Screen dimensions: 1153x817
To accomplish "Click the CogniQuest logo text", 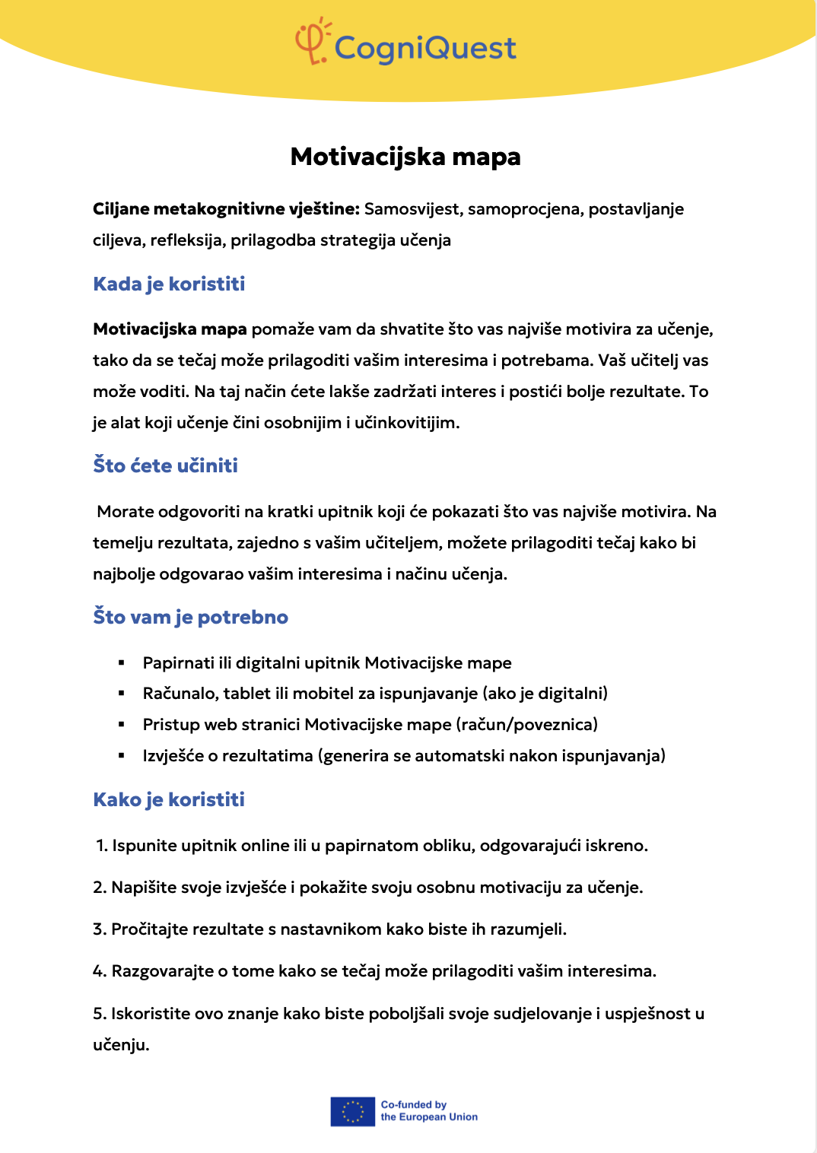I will tap(425, 48).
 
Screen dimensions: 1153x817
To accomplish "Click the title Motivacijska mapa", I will tap(405, 157).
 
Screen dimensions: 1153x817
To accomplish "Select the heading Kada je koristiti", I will tap(169, 284).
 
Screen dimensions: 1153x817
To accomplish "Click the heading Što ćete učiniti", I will tap(165, 465).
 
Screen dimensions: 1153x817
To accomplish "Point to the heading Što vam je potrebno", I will tap(190, 617).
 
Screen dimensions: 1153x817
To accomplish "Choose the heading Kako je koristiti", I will tap(169, 799).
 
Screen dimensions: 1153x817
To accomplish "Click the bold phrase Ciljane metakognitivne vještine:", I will tap(226, 209).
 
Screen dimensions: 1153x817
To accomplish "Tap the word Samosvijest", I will tap(412, 209).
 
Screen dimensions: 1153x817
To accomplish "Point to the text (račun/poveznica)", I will tap(527, 725).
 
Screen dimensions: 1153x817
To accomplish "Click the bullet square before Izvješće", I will tap(121, 756).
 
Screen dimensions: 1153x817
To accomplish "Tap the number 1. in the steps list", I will tap(101, 846).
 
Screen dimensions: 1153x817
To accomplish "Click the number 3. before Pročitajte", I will tap(100, 929).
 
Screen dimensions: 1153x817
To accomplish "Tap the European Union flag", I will tap(352, 1111).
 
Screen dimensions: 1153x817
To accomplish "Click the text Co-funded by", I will tap(413, 1104).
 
